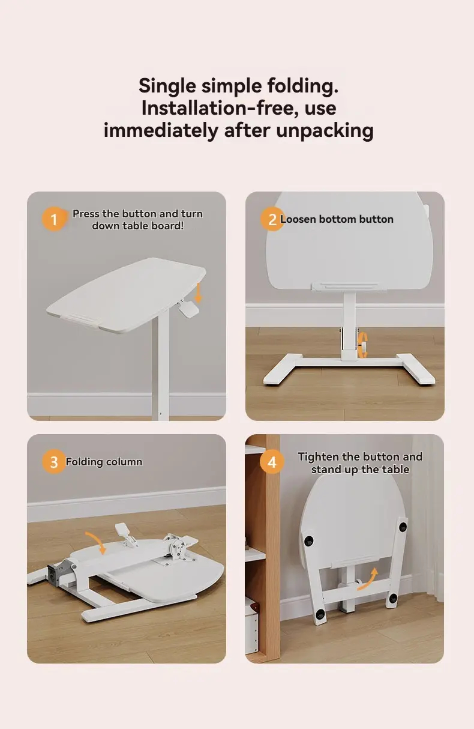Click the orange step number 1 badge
53,219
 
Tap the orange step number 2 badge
272,219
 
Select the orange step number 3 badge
54,462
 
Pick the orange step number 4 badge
272,462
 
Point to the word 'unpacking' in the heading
325,131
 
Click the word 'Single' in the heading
167,86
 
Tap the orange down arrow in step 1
198,292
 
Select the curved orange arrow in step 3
97,542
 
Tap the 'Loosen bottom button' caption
337,219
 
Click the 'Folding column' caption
104,462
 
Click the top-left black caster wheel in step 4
308,541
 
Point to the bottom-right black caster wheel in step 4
393,597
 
